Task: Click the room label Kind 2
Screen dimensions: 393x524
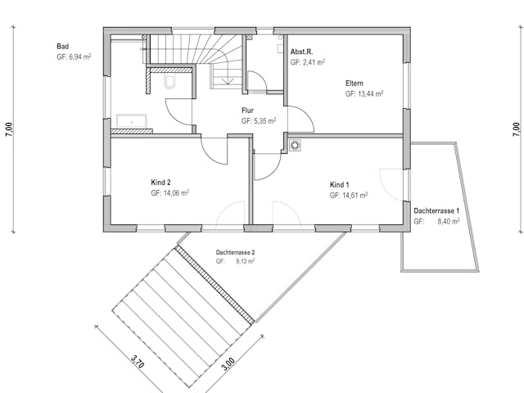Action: (160, 183)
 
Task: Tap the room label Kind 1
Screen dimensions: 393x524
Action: (340, 185)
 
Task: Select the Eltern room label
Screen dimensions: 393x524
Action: (355, 84)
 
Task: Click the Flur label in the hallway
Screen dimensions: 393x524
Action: (248, 110)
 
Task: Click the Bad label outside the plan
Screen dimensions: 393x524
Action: (63, 47)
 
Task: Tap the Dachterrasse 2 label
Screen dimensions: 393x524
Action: (236, 253)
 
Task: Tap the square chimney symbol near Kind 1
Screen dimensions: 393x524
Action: (295, 147)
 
